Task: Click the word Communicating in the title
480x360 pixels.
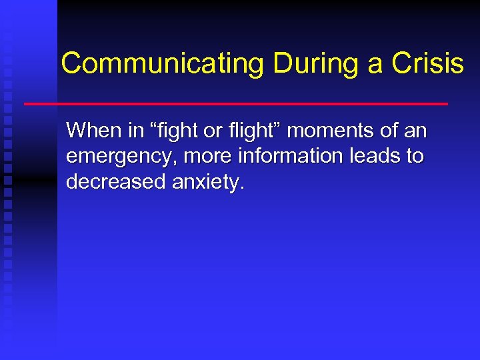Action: click(x=163, y=64)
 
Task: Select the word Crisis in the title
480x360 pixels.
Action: click(x=427, y=64)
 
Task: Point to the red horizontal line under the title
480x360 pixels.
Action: click(x=236, y=104)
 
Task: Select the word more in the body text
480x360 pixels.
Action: click(x=198, y=157)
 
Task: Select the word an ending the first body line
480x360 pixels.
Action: click(x=415, y=131)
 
